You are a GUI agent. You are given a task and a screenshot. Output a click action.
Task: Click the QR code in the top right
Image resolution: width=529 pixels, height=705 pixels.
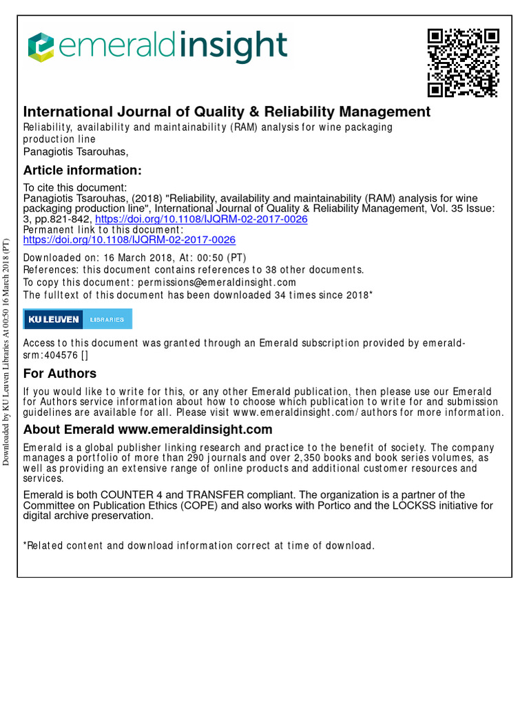click(463, 63)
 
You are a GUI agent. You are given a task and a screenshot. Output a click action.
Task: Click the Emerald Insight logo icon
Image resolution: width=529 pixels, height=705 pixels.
click(40, 47)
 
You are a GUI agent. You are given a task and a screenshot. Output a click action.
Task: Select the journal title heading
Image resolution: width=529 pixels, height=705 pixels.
click(227, 112)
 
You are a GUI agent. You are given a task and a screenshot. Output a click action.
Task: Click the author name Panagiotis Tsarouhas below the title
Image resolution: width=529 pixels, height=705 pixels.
click(76, 151)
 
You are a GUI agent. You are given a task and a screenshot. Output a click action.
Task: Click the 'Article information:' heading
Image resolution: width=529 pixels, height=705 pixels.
click(83, 170)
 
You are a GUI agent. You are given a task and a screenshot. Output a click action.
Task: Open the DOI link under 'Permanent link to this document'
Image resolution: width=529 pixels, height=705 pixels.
click(129, 240)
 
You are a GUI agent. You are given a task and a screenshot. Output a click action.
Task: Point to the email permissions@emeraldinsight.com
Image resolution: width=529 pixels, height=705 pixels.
click(217, 282)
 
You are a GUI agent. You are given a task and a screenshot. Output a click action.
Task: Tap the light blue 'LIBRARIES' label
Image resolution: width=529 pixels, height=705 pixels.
click(107, 319)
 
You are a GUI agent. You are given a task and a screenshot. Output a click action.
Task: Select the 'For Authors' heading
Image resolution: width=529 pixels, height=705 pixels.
click(60, 374)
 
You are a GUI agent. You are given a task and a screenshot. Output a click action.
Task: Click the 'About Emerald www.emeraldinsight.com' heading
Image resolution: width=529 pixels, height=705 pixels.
click(148, 430)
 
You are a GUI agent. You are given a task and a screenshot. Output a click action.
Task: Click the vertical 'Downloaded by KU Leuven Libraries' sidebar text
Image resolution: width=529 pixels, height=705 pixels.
click(7, 351)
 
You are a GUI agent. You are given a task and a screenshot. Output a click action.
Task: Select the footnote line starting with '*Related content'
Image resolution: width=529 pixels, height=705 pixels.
click(199, 545)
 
